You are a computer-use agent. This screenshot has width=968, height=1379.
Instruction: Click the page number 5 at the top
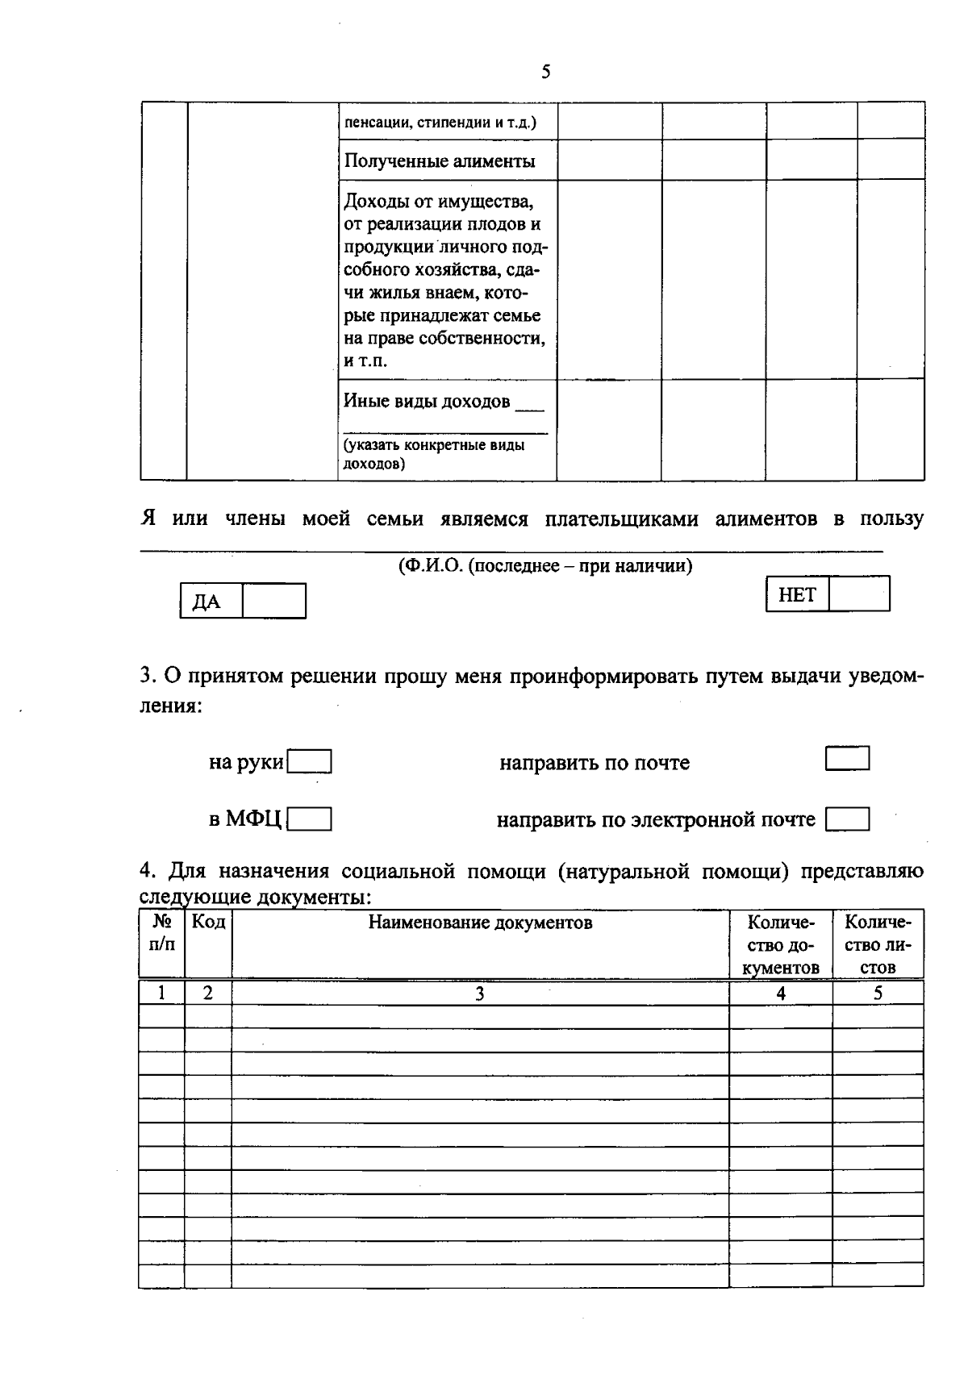546,73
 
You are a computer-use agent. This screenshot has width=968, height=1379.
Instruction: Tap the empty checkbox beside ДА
274,602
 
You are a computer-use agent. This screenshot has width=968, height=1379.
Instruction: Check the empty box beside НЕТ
859,594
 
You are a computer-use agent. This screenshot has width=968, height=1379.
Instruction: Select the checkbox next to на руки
310,762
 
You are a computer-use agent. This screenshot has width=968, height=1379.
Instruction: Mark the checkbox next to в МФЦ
310,820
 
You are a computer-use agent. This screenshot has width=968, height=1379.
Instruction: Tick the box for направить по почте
847,759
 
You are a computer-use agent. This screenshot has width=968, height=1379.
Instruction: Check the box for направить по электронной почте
847,820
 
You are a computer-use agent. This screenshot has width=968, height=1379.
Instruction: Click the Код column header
208,922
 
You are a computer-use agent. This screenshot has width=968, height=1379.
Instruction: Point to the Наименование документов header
480,923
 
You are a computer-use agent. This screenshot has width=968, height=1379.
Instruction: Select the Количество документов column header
780,944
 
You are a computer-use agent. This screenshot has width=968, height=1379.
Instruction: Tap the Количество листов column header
878,944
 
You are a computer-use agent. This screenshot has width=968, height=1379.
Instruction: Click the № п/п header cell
162,933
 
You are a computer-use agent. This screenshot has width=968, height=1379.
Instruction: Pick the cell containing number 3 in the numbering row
479,994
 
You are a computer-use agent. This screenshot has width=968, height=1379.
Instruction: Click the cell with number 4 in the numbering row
780,994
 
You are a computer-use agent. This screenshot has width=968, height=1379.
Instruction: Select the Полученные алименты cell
440,160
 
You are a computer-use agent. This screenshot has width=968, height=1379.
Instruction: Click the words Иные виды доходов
427,401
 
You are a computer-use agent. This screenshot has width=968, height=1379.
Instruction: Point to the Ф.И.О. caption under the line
544,566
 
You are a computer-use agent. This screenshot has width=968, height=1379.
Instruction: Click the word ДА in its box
207,602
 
